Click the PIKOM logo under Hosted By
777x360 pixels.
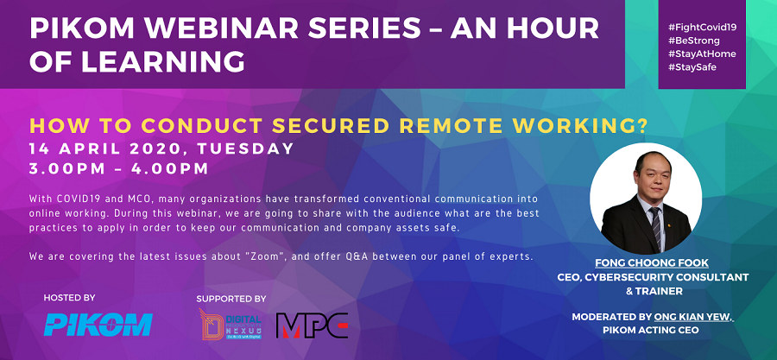click(x=98, y=324)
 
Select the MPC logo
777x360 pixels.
click(x=312, y=325)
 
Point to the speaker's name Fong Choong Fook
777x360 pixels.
click(x=651, y=262)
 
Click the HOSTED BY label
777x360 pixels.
click(x=70, y=297)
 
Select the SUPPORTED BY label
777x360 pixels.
click(x=231, y=299)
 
